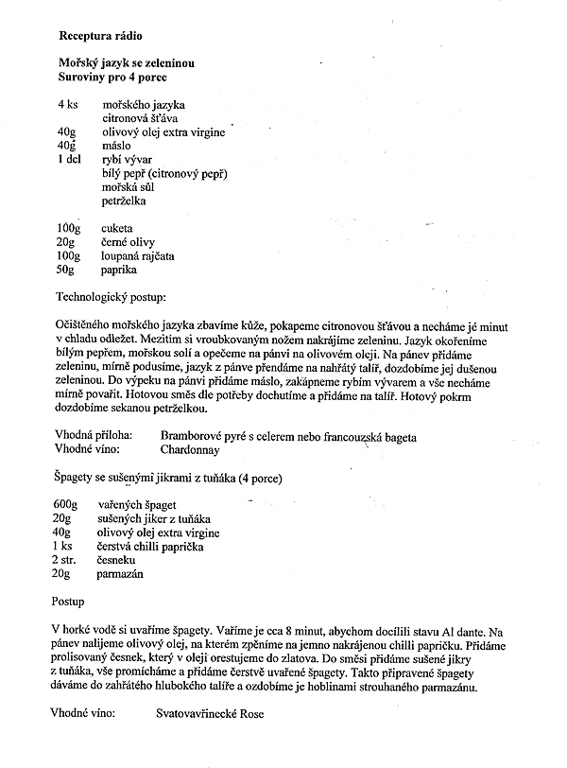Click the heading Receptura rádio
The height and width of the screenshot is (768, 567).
click(100, 35)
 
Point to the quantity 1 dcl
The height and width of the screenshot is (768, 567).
click(71, 159)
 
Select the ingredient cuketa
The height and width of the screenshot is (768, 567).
click(118, 229)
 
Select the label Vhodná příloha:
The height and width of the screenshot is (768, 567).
click(95, 436)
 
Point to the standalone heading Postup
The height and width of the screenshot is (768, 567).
click(67, 601)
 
